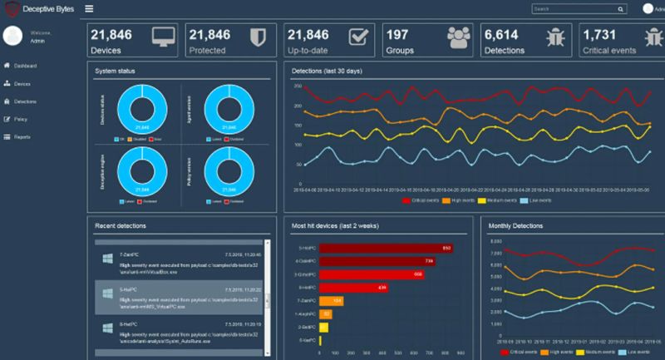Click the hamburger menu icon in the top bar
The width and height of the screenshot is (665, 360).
tap(89, 8)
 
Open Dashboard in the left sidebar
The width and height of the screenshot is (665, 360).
tap(25, 65)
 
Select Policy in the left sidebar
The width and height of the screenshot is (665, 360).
tap(21, 119)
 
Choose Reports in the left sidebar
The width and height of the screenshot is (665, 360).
tap(22, 136)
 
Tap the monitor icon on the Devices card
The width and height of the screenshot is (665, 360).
tap(163, 38)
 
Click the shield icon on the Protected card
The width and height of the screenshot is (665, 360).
tap(259, 38)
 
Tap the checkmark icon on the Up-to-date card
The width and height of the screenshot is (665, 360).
tap(357, 38)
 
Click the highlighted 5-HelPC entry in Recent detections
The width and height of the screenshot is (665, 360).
tap(179, 296)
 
